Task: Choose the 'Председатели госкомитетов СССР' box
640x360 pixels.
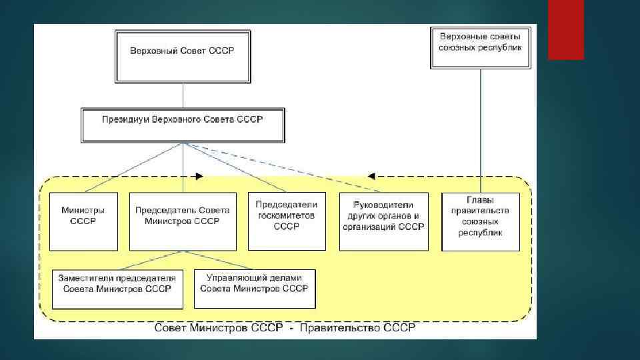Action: click(287, 221)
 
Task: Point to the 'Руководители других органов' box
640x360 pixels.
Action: click(383, 221)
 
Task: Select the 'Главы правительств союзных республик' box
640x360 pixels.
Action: click(480, 221)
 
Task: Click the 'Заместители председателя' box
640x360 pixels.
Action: click(117, 289)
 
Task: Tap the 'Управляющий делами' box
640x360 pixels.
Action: click(255, 289)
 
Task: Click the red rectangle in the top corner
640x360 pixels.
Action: click(565, 29)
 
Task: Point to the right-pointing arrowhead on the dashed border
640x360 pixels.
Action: click(199, 177)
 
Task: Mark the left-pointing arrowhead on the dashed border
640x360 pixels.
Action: click(371, 177)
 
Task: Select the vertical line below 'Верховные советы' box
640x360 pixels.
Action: click(479, 127)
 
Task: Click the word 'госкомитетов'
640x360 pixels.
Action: click(287, 215)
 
